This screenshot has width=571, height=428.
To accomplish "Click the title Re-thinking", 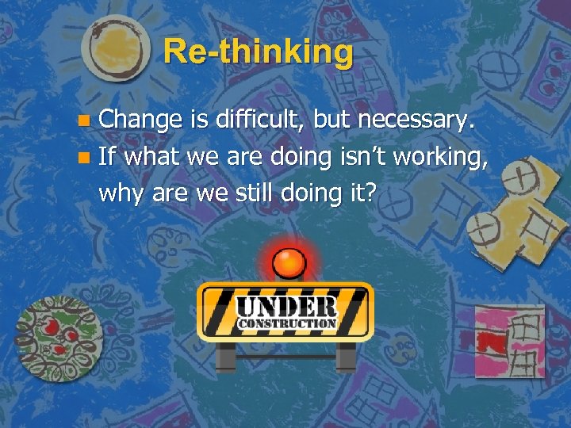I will pos(259,52).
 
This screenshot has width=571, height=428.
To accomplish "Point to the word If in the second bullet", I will pos(108,156).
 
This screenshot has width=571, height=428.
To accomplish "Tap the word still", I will pos(262,193).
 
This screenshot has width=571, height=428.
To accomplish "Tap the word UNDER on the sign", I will pos(285,306).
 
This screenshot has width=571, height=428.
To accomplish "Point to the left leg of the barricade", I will pos(225,356).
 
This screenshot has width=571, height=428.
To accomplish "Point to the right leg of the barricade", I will pos(346,356).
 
